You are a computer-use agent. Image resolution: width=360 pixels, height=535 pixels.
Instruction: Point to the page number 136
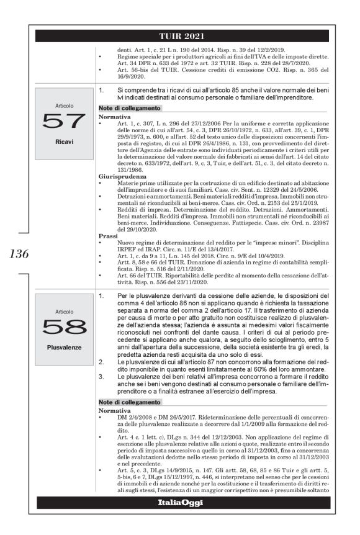click(19, 253)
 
